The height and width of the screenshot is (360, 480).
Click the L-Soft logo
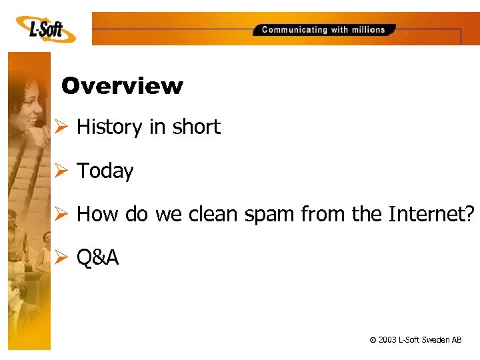(x=45, y=30)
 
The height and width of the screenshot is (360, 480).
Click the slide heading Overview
(x=121, y=86)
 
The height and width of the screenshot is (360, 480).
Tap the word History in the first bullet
(x=109, y=127)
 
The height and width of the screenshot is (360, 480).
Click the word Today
(x=105, y=171)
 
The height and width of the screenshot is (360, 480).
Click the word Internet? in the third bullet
(x=432, y=215)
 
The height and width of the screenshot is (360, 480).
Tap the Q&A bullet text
(x=97, y=258)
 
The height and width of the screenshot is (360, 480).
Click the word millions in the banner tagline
(x=369, y=29)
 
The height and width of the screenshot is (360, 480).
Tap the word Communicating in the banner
(x=295, y=29)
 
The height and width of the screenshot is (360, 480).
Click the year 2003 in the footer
(x=387, y=340)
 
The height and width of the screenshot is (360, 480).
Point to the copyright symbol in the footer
(x=372, y=341)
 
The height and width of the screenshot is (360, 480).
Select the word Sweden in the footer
(x=437, y=340)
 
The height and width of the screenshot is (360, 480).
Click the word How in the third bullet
(x=92, y=215)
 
